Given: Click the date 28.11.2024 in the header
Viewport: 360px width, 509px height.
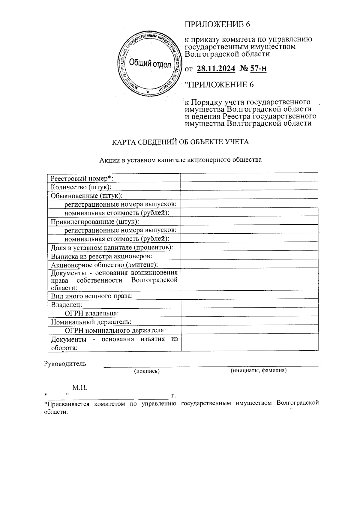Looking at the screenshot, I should pyautogui.click(x=216, y=69).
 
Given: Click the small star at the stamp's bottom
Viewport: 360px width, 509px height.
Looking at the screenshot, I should pyautogui.click(x=148, y=91).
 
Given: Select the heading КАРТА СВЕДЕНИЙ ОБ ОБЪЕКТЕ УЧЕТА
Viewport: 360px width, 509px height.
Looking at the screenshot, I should pyautogui.click(x=180, y=142).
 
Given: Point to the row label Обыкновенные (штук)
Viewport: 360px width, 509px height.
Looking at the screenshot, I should pyautogui.click(x=87, y=196).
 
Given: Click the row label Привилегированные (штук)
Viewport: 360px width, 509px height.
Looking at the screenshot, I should pyautogui.click(x=95, y=222).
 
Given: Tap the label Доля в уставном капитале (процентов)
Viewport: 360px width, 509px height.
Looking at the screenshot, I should pyautogui.click(x=112, y=247).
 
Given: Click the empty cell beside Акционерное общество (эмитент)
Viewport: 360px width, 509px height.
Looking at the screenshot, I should pyautogui.click(x=249, y=264).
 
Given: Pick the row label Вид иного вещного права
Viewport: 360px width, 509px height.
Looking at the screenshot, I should pyautogui.click(x=92, y=296).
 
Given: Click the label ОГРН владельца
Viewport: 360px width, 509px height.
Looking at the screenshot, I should pyautogui.click(x=91, y=313).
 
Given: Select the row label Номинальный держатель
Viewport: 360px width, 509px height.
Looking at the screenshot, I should pyautogui.click(x=91, y=322).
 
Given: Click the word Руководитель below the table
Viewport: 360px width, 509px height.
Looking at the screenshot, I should pyautogui.click(x=65, y=364).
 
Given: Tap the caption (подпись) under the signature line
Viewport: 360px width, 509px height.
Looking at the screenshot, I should pyautogui.click(x=147, y=371).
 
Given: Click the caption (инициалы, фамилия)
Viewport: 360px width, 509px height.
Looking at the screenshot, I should pyautogui.click(x=258, y=370).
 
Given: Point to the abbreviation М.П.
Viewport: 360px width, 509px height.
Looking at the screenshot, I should pyautogui.click(x=80, y=388).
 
